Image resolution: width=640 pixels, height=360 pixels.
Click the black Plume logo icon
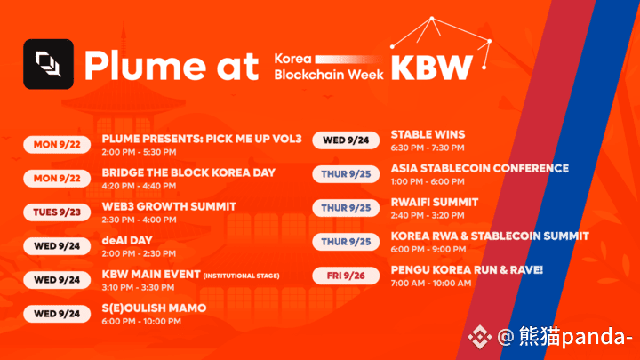point(49,64)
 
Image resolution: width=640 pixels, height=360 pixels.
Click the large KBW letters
point(432,68)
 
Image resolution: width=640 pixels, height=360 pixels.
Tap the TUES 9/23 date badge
point(57,212)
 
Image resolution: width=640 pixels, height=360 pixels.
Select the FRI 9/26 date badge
point(346,276)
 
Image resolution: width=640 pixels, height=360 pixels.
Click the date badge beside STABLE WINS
point(346,140)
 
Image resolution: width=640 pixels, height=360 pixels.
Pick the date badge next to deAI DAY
point(57,246)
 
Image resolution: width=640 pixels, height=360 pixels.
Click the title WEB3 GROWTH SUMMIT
point(169,206)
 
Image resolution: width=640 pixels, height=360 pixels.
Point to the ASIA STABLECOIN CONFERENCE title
point(480,168)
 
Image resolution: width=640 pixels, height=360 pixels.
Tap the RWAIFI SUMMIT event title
point(435,202)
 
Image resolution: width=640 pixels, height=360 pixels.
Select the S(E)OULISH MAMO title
point(154,308)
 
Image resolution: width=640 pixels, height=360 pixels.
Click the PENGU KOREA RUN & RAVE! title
point(467,270)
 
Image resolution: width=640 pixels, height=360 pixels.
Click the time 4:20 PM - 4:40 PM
point(139,186)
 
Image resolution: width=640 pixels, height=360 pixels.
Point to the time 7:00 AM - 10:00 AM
point(431,283)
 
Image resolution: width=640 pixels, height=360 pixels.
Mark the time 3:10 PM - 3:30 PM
point(138,287)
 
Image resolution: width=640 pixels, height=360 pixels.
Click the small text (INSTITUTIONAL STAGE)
point(241,276)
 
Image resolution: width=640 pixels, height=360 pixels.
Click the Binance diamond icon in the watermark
point(480,337)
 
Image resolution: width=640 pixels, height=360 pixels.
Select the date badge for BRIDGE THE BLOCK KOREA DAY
point(57,179)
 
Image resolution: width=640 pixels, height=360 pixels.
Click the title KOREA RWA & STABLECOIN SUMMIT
point(490,236)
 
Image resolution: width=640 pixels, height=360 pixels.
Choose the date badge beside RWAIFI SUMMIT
point(346,208)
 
